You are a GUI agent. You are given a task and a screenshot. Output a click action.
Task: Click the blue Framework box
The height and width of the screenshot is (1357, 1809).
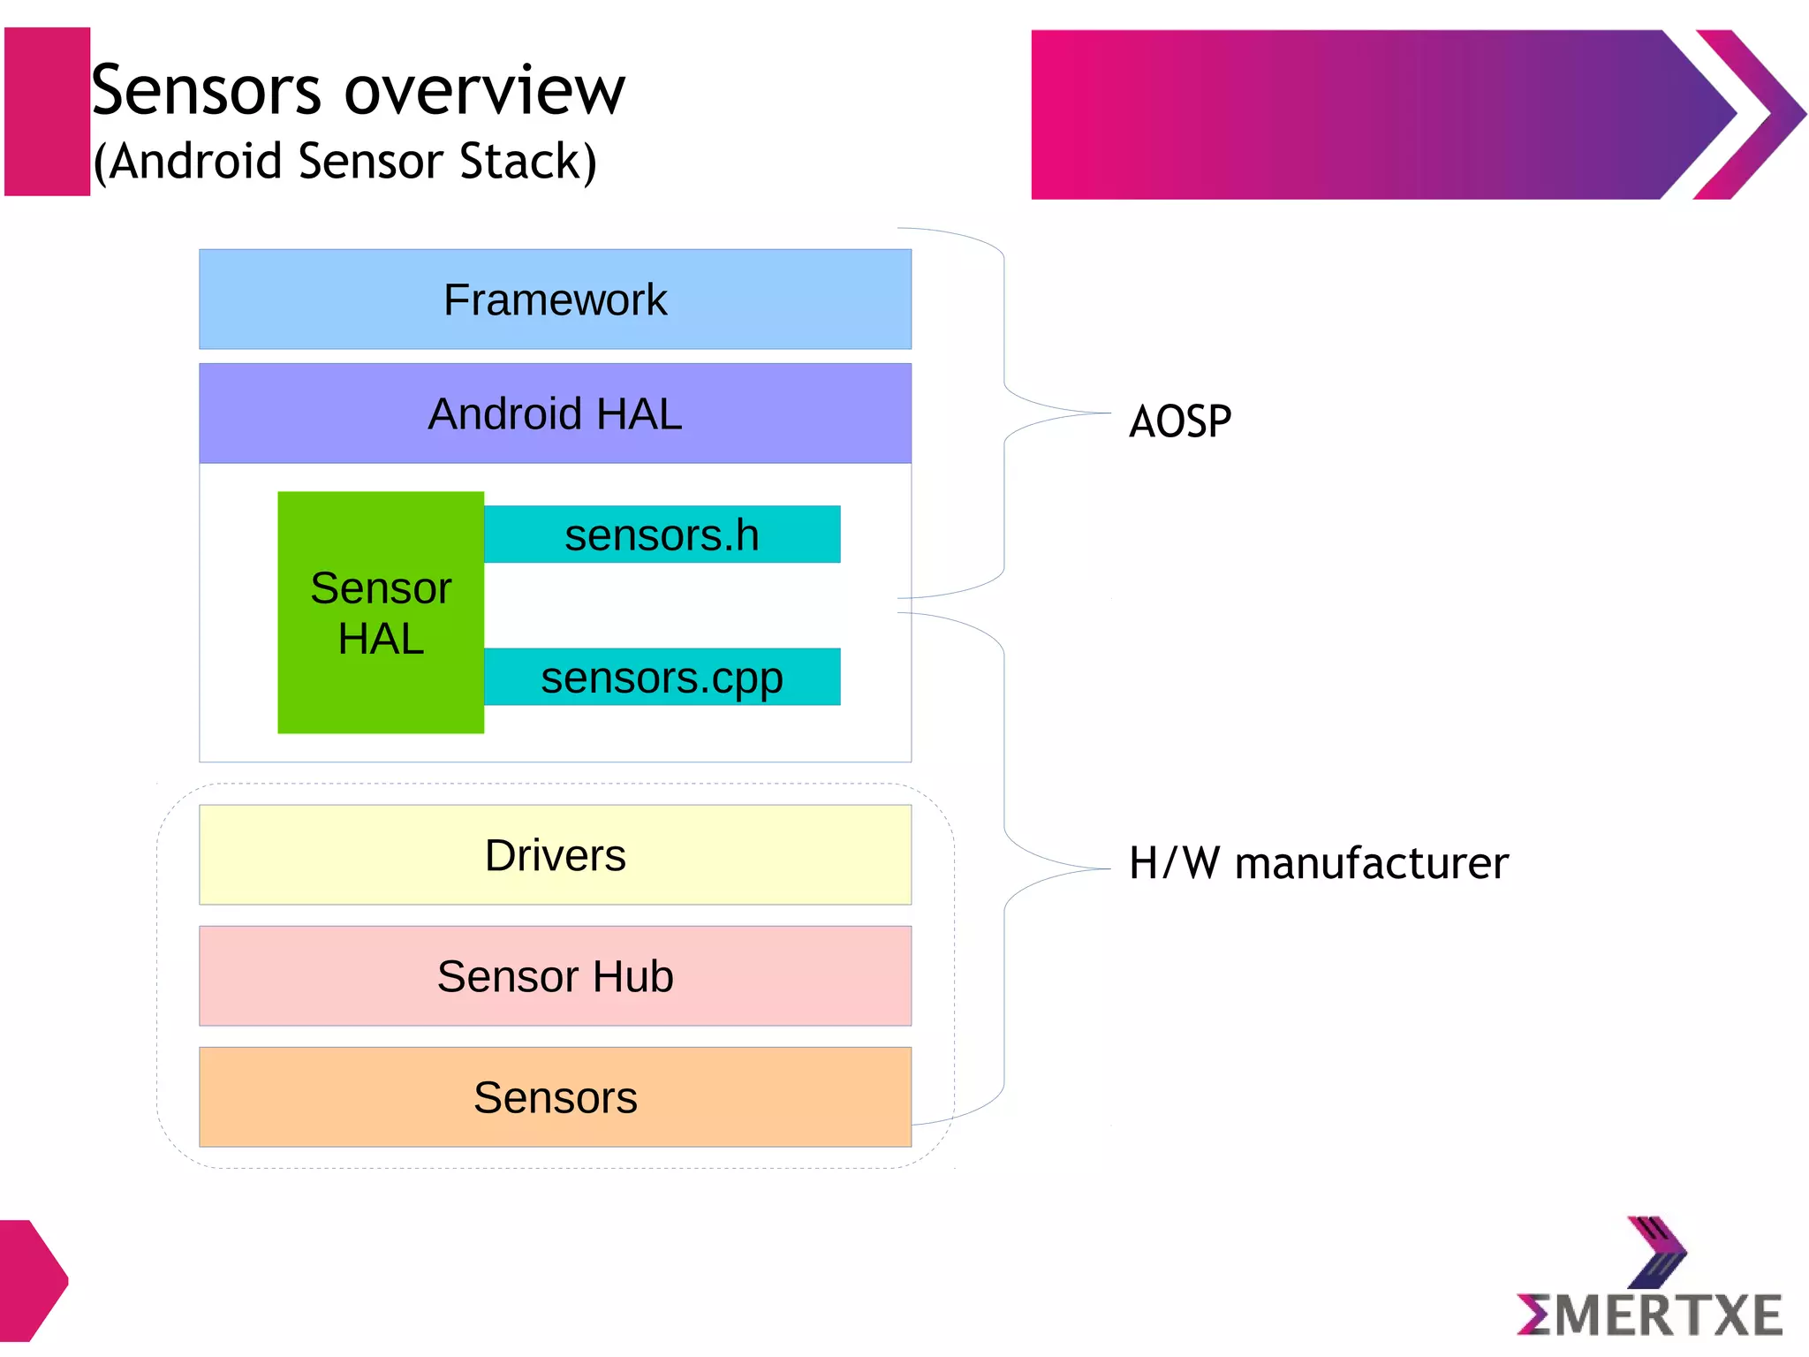(555, 299)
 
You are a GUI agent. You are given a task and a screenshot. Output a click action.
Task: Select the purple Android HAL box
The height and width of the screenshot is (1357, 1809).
(555, 413)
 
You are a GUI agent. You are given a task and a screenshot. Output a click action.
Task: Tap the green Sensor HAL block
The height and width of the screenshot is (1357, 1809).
(381, 612)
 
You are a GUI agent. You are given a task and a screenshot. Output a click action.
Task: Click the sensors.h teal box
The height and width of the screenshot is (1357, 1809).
(662, 534)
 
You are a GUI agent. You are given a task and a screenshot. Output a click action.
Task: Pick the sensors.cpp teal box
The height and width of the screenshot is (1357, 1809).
(662, 677)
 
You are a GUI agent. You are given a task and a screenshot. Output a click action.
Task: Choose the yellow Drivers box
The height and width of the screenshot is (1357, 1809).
(555, 854)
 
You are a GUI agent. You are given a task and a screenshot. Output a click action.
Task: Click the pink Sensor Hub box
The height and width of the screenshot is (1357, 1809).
(555, 975)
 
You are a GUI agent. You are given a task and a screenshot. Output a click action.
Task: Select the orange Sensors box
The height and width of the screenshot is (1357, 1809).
(555, 1096)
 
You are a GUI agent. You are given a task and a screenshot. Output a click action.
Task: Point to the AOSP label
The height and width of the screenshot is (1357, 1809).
(1179, 421)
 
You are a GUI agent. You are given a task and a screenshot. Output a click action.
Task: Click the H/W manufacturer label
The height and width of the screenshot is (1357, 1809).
(1318, 863)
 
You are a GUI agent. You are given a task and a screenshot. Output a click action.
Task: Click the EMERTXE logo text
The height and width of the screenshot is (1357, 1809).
(1649, 1315)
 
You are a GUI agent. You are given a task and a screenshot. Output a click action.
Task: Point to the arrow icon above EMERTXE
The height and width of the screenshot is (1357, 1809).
(1657, 1251)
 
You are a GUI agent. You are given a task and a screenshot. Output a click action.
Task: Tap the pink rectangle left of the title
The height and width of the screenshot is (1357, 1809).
(47, 111)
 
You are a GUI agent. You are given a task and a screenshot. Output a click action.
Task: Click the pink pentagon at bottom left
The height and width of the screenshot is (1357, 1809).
(31, 1280)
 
